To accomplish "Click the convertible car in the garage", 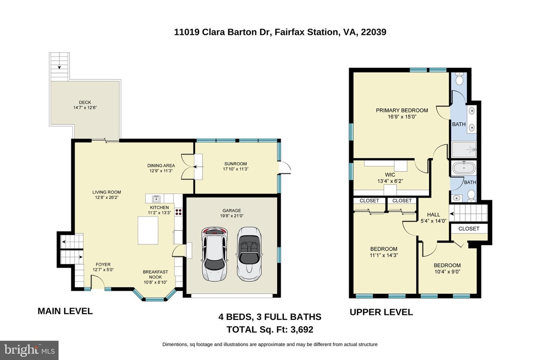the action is [249, 254].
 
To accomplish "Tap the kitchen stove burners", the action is [178, 212].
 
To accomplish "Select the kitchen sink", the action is [156, 199].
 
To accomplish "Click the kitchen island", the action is [148, 230].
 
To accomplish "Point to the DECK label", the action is [85, 103].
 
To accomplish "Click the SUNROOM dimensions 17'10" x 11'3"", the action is [235, 169].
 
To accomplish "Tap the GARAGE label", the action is [232, 211].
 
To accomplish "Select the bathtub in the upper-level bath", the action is [464, 168].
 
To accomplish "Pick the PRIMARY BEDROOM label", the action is [402, 111].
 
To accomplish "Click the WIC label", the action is [390, 175].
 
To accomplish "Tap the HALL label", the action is [433, 214].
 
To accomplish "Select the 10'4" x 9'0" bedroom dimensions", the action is [447, 272].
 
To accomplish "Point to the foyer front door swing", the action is [97, 282].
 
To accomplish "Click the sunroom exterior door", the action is [285, 168].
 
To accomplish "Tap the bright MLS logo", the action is [29, 350].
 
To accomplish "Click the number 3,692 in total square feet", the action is [302, 329].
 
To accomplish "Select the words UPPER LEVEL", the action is [381, 312].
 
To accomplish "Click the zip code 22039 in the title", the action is [373, 32].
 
